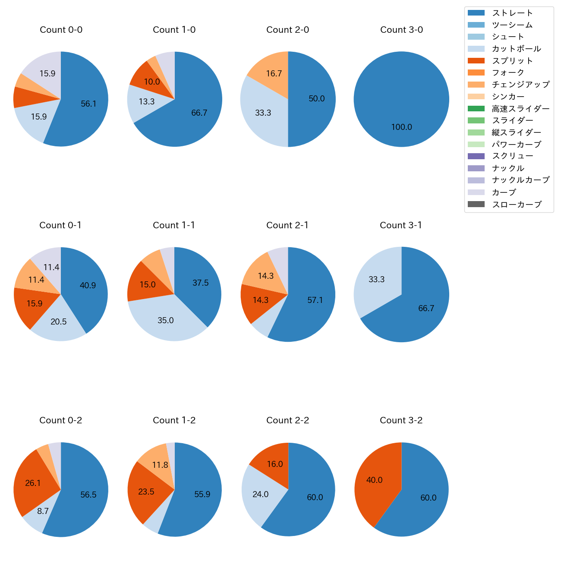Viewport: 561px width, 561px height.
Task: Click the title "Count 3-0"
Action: tap(401, 30)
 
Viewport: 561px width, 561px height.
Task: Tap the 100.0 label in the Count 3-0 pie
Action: tap(401, 127)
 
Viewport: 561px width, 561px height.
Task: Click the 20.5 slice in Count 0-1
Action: tap(58, 321)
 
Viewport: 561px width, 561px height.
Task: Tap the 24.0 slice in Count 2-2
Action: tap(261, 494)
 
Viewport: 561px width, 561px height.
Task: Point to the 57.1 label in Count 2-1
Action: tap(315, 300)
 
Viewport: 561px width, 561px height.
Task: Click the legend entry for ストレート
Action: tap(512, 13)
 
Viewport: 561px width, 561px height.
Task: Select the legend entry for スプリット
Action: tap(512, 61)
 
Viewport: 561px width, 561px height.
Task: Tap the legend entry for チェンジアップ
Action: tap(520, 85)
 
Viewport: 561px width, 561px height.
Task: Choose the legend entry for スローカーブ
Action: tap(517, 205)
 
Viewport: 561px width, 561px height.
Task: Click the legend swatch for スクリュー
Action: tap(476, 156)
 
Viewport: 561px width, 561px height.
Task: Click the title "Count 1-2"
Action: tap(174, 420)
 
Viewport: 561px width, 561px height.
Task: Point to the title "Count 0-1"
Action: tap(60, 225)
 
